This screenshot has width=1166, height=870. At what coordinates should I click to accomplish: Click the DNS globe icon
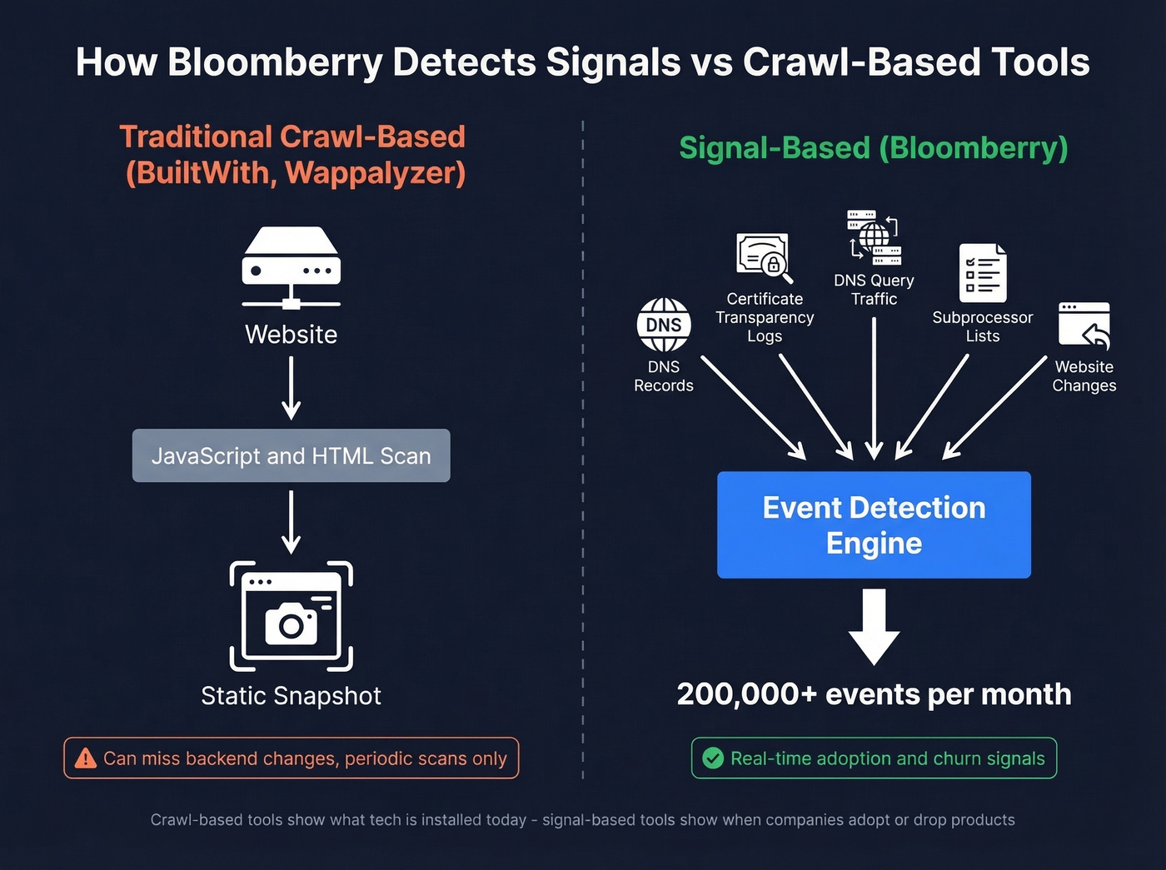click(664, 325)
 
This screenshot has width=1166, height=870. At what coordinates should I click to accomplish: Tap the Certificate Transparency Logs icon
click(764, 257)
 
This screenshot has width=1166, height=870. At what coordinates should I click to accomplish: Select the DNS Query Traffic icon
click(874, 237)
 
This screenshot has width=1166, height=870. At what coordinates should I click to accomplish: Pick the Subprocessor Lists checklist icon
click(983, 273)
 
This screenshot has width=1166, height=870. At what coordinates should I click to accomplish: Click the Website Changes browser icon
click(1084, 326)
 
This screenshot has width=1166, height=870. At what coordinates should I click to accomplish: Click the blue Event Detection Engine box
click(874, 524)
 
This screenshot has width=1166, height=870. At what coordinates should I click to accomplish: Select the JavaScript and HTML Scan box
click(291, 455)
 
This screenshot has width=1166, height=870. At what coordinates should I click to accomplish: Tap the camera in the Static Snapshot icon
click(291, 623)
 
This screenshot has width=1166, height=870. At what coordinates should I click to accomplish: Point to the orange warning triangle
click(86, 758)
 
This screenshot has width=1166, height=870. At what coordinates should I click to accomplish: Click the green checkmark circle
click(712, 758)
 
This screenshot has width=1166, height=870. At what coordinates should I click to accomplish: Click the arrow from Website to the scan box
click(291, 388)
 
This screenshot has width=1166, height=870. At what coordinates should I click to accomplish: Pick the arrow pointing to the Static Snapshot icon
click(291, 522)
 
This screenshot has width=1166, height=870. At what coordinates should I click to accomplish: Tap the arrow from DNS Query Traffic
click(874, 387)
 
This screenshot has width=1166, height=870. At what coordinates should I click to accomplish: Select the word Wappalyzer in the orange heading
click(376, 173)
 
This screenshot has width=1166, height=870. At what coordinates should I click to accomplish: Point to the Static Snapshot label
click(291, 696)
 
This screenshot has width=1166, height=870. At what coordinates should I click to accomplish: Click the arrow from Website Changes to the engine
click(995, 407)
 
